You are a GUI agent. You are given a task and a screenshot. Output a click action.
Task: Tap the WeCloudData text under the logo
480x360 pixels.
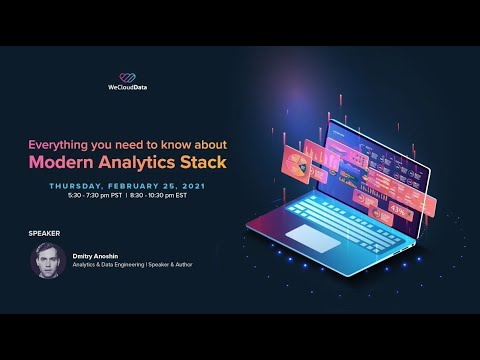click(128, 92)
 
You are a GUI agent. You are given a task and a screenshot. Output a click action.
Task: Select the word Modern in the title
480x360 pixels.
click(62, 162)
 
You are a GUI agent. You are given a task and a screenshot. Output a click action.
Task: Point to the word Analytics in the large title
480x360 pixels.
click(139, 162)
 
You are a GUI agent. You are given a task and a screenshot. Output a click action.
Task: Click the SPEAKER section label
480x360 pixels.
click(45, 233)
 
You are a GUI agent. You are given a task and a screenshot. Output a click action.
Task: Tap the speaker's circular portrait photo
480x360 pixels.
click(47, 262)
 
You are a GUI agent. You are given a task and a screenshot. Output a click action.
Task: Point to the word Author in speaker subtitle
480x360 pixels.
click(204, 267)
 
